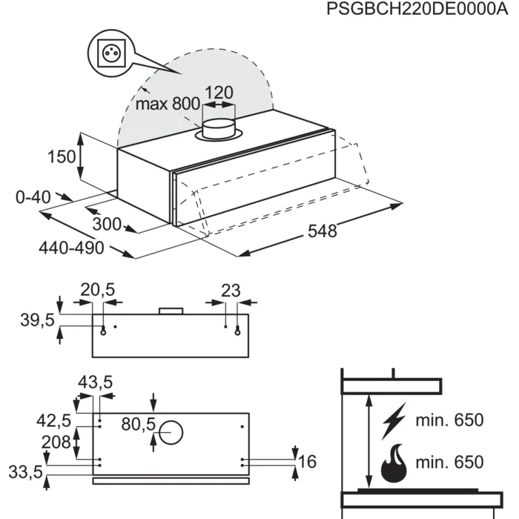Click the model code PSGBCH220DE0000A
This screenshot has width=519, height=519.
(x=411, y=11)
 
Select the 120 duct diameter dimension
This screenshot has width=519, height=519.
(x=219, y=93)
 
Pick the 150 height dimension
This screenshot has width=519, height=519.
(x=61, y=157)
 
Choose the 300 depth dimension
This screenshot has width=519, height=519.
(x=108, y=224)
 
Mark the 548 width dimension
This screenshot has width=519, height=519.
(x=322, y=231)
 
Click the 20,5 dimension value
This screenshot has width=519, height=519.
(x=98, y=291)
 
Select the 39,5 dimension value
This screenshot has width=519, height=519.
(x=36, y=320)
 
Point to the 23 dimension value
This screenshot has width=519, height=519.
(x=231, y=291)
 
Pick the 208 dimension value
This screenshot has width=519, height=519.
(x=56, y=442)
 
